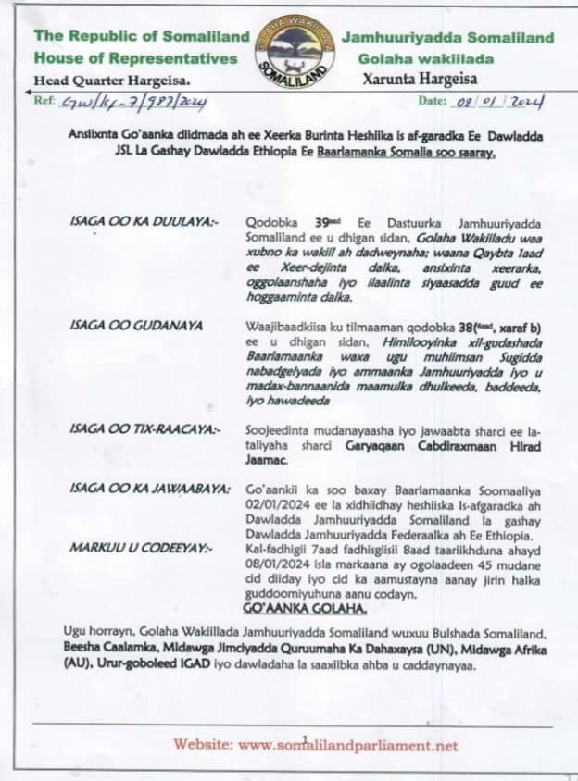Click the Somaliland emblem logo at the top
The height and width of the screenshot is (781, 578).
point(295,51)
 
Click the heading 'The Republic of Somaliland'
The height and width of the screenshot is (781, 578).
point(142,37)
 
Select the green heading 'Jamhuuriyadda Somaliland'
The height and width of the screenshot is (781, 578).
point(448,38)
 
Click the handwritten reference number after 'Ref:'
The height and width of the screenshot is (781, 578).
point(132,101)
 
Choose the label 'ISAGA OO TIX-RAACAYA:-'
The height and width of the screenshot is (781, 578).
point(132,428)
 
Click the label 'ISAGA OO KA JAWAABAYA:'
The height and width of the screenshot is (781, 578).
point(137,487)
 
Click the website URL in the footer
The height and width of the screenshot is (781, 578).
point(315,745)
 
